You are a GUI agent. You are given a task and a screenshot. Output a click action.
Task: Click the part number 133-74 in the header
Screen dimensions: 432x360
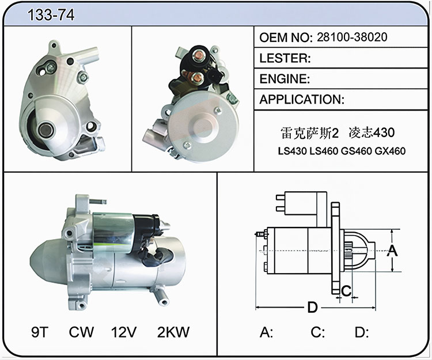pos(51,14)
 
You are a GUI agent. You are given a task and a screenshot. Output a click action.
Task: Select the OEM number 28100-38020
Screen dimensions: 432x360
pos(352,37)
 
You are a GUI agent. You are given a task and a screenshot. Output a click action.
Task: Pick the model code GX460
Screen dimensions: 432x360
pos(390,151)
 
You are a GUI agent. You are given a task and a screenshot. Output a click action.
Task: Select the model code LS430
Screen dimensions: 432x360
pos(292,151)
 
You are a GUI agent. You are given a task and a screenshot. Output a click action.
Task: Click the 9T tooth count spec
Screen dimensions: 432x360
pos(40,332)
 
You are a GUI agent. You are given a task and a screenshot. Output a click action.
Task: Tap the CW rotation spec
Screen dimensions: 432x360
pos(81,332)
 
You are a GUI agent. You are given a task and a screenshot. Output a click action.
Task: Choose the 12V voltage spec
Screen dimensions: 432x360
pos(124,332)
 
